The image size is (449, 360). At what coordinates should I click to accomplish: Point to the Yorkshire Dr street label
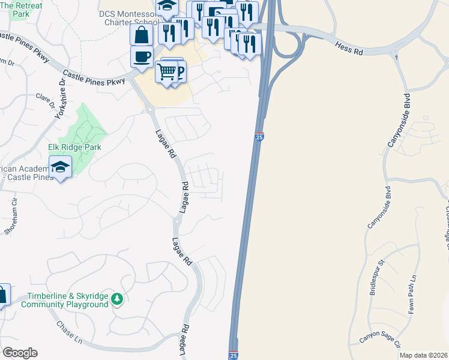[x=60, y=100]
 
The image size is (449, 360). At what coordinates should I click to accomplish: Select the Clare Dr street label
[x=47, y=100]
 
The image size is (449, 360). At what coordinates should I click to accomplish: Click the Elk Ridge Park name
[x=74, y=147]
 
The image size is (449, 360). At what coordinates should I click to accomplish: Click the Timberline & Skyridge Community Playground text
[x=65, y=300]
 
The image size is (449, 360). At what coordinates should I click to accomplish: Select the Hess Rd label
[x=350, y=49]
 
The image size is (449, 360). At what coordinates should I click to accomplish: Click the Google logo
[x=20, y=353]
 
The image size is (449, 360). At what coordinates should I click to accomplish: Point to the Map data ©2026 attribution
[x=424, y=355]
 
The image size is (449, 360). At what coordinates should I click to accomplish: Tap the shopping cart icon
[x=166, y=72]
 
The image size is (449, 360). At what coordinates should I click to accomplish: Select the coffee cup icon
[x=142, y=56]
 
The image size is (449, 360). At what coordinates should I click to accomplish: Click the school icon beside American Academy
[x=60, y=166]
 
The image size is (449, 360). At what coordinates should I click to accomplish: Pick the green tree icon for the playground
[x=117, y=298]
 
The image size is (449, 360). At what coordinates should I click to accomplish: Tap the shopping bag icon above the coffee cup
[x=141, y=34]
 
